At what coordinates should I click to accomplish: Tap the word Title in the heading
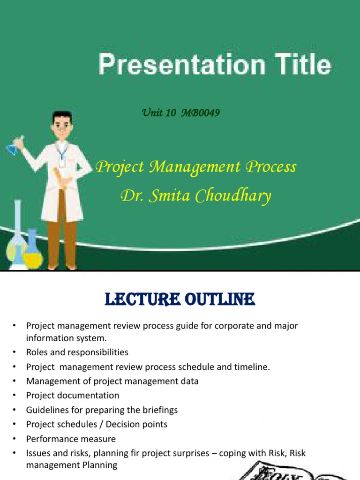303,64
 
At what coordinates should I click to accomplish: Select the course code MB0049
201,112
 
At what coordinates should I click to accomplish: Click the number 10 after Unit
171,112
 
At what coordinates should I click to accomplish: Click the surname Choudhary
233,196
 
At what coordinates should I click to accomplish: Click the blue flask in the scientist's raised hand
13,149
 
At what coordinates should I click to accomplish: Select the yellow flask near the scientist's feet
32,250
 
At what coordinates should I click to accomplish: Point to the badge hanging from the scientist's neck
62,161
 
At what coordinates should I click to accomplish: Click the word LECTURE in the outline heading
142,299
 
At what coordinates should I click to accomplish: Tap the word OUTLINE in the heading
220,299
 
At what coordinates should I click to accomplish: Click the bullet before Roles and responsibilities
15,352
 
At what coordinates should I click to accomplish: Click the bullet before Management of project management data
15,382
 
